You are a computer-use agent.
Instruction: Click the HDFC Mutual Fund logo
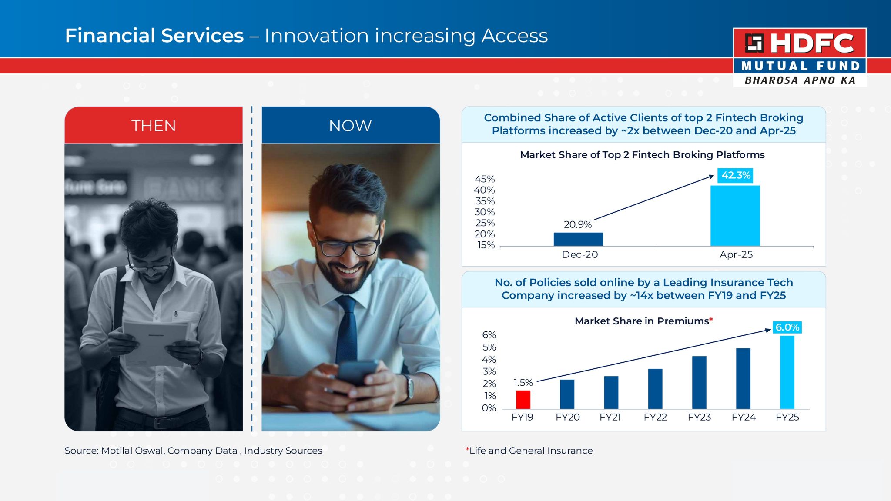click(800, 57)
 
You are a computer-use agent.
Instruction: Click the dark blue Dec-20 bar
click(578, 239)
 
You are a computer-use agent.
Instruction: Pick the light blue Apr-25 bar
click(735, 216)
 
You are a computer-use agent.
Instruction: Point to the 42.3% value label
click(736, 175)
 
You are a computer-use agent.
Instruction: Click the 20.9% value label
click(578, 224)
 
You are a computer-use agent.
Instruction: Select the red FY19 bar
click(523, 400)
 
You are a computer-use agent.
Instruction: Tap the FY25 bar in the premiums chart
click(787, 372)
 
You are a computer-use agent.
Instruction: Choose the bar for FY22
click(655, 389)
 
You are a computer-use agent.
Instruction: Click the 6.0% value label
click(787, 327)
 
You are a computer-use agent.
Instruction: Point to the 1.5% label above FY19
click(523, 383)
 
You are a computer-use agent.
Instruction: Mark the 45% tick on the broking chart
click(485, 179)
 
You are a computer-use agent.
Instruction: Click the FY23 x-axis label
click(699, 417)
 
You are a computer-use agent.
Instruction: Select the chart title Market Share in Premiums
click(642, 321)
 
